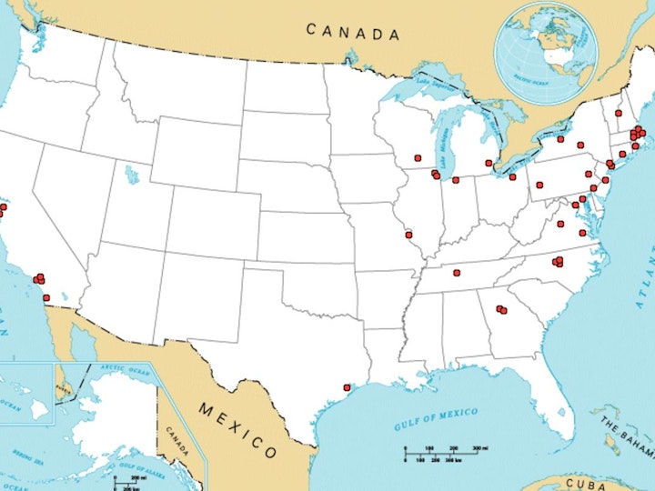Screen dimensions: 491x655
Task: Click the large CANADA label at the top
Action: click(x=352, y=32)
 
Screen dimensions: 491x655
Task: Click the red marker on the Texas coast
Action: click(x=347, y=387)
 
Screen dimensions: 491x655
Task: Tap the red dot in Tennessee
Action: click(x=457, y=272)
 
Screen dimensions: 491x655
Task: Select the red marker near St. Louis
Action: click(x=409, y=234)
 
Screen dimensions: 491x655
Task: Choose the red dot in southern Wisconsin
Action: click(x=418, y=157)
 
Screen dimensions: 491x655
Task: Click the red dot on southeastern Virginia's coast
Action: click(x=582, y=233)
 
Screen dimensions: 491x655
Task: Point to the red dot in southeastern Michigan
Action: click(x=489, y=163)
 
